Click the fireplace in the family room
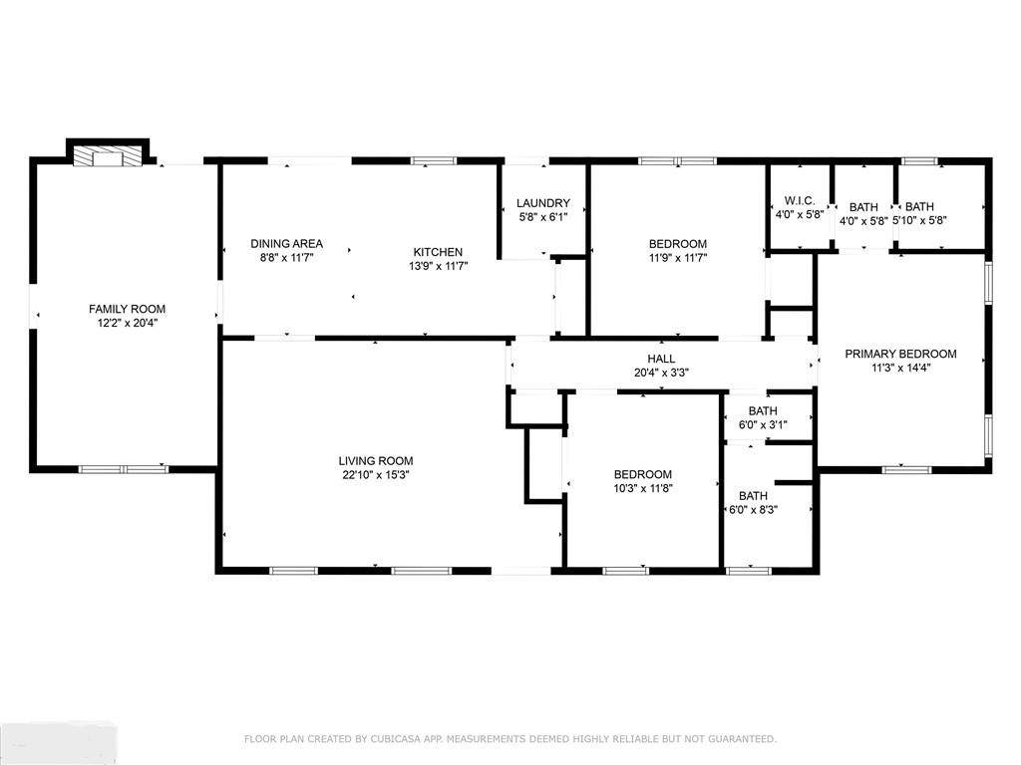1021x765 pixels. pos(107,156)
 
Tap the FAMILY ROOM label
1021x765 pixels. pos(127,309)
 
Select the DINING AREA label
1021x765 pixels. pos(286,244)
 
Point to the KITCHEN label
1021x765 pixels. pos(439,252)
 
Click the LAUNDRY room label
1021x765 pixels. pos(543,203)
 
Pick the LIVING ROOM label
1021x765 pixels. pos(376,461)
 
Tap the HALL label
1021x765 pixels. pos(661,359)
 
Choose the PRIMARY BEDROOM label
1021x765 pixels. pos(900,354)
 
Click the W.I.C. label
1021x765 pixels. pos(799,201)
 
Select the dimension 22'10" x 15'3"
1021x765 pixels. pos(376,475)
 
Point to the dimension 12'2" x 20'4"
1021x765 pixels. pos(127,323)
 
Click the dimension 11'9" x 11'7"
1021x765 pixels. pos(677,258)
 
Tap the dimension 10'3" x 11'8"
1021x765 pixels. pos(643,488)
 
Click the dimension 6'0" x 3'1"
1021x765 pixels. pos(763,424)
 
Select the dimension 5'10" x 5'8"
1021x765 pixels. pos(919,220)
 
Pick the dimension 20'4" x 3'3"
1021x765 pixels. pos(661,373)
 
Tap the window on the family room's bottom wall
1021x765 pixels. pos(123,469)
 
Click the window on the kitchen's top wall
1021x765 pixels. pos(433,160)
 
